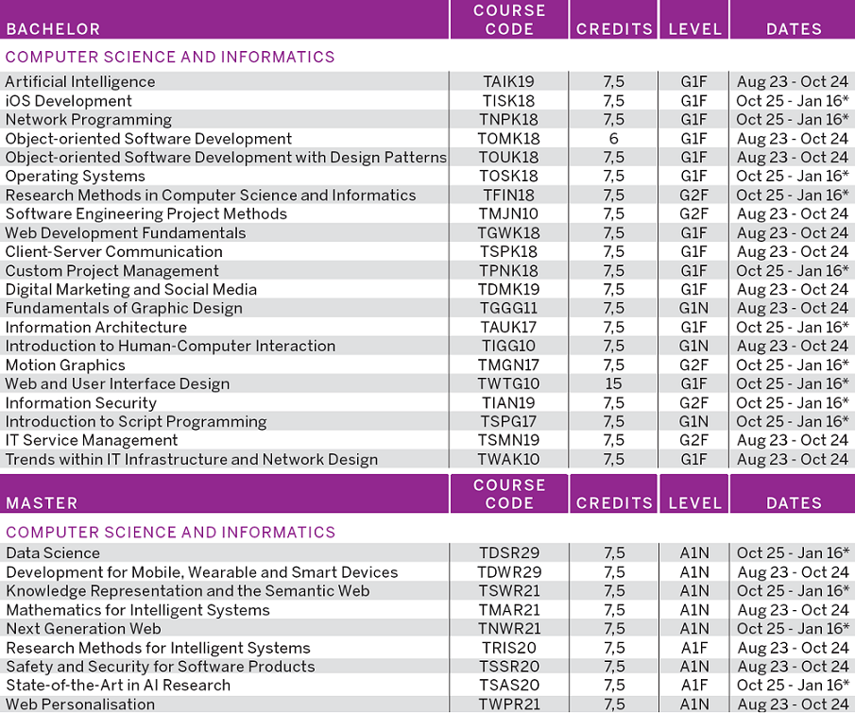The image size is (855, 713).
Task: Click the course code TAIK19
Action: click(509, 82)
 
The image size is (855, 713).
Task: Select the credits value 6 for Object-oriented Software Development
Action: click(613, 139)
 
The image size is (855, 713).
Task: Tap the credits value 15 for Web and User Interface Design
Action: click(613, 384)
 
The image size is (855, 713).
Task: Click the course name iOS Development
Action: click(69, 101)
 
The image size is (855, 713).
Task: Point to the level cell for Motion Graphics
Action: click(693, 365)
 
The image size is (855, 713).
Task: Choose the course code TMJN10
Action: click(509, 214)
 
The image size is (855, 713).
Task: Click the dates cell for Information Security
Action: click(792, 403)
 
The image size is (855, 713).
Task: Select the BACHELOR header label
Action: click(53, 29)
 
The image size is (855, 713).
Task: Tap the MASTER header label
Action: click(42, 503)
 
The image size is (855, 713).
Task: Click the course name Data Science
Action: click(53, 553)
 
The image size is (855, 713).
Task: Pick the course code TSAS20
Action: click(509, 686)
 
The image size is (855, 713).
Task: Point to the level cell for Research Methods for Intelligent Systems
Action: click(693, 648)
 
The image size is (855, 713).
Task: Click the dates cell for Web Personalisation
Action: click(792, 705)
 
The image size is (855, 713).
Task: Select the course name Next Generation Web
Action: click(83, 629)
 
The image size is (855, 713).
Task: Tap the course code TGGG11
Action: click(509, 309)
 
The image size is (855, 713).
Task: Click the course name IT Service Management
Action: click(92, 441)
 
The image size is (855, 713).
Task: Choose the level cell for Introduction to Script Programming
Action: click(693, 422)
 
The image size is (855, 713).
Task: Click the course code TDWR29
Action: click(509, 572)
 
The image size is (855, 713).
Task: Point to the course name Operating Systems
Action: click(76, 177)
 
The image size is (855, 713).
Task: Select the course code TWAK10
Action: click(509, 460)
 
